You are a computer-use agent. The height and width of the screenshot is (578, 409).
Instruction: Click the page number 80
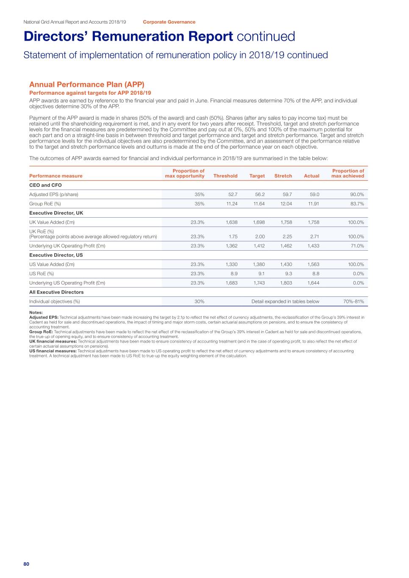26,564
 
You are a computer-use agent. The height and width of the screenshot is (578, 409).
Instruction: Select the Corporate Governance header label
169,22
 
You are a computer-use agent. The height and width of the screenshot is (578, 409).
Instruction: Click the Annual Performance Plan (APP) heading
86,85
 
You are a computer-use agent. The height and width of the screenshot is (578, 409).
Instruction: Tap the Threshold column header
225,176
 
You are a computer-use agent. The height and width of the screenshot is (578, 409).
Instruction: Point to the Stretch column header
283,176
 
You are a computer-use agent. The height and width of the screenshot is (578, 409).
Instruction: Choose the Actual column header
312,176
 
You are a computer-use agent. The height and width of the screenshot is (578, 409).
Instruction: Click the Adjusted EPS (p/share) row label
54,194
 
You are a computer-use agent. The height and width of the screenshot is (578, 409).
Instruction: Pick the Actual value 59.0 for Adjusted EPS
314,194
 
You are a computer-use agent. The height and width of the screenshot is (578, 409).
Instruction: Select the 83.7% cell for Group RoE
355,204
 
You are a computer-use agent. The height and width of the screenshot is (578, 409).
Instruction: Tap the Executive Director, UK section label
56,213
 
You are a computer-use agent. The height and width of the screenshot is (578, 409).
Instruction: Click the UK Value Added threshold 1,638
231,222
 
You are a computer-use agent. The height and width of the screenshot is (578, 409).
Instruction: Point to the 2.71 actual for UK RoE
314,237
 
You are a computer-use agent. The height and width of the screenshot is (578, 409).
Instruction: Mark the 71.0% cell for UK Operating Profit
355,246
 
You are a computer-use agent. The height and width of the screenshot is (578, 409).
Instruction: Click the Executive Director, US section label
56,255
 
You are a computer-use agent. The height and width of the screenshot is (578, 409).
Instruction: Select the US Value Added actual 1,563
313,265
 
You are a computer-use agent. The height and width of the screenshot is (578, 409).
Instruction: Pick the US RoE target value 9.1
261,274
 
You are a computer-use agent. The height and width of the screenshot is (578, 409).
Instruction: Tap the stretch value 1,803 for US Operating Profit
286,283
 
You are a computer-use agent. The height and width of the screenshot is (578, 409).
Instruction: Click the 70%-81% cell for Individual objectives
353,301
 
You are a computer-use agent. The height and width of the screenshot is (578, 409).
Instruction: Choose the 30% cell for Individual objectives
199,301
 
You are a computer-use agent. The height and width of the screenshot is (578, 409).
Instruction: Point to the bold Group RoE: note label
41,332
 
